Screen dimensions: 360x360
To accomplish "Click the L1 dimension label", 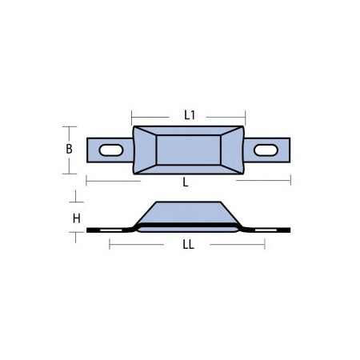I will coord(190,115).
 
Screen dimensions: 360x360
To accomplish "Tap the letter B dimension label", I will coord(70,148).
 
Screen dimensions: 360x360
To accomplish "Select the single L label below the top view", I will coord(186,182).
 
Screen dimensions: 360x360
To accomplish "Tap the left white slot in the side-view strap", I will coord(109,231).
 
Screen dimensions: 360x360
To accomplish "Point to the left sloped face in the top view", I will coord(144,150).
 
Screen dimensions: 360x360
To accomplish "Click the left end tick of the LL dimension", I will coord(109,246).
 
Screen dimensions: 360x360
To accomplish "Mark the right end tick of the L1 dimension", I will coord(242,115).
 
